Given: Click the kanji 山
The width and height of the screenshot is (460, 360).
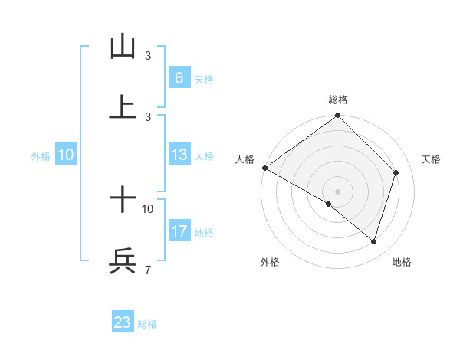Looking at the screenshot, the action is (x=123, y=47).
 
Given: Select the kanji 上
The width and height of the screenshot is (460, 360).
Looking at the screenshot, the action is (x=123, y=107).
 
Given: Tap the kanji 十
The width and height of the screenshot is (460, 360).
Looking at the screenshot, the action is (x=123, y=201).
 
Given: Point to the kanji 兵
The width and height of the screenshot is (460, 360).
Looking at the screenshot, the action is (x=123, y=261).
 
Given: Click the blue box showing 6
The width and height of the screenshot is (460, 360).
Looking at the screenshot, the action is (x=179, y=78).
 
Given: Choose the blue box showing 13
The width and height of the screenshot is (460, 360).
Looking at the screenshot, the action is (x=179, y=155).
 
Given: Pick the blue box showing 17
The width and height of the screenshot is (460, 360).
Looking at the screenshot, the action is (x=179, y=231).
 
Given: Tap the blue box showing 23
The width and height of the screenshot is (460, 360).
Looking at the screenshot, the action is (x=123, y=322).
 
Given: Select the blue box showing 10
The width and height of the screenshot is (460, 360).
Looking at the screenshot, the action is (x=66, y=155).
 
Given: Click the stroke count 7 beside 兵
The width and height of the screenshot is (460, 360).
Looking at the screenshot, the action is (x=147, y=270).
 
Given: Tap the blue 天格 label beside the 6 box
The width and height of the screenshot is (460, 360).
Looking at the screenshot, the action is (x=204, y=80).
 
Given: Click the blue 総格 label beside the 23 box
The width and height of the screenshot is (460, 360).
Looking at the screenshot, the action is (x=147, y=324).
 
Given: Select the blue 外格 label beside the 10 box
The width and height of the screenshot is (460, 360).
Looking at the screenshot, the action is (x=41, y=156).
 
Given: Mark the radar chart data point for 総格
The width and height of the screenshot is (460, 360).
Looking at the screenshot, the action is (x=338, y=117).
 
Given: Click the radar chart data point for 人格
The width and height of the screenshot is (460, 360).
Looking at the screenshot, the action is (x=264, y=168).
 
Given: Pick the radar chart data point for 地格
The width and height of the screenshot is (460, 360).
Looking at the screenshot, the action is (x=374, y=241).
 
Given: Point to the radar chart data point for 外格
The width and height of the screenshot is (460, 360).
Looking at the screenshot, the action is (x=329, y=205).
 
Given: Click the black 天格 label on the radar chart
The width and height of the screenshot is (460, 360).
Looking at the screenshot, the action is (x=431, y=159).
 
